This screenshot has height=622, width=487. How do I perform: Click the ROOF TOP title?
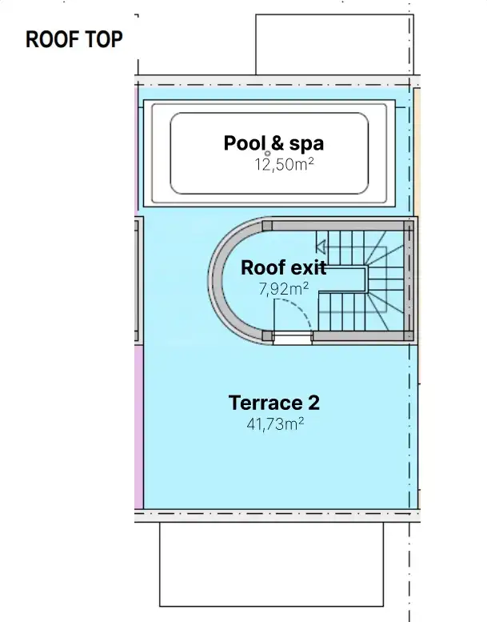click(x=74, y=40)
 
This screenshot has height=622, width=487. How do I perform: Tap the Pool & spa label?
click(x=273, y=143)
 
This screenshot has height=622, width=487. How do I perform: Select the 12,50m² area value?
click(x=285, y=164)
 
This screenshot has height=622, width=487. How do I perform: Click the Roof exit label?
click(x=284, y=267)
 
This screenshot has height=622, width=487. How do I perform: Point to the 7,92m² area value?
click(x=284, y=289)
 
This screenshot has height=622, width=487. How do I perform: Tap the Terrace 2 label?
click(x=274, y=403)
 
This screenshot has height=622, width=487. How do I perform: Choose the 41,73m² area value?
click(x=275, y=424)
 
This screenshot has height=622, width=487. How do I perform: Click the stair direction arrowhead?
click(x=321, y=247)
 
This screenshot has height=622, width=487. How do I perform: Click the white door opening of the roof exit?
click(x=293, y=338)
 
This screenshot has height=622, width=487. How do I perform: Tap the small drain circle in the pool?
click(x=267, y=154)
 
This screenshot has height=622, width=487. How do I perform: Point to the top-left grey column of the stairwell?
click(x=267, y=226)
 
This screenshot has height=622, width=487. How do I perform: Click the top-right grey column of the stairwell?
click(x=409, y=226)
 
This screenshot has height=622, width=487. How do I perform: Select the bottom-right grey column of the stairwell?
click(x=409, y=336)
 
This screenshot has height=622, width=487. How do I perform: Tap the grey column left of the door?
click(x=267, y=336)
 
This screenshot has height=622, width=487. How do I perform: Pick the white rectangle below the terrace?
click(x=271, y=564)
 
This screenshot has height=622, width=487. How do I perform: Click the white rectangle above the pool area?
click(x=335, y=45)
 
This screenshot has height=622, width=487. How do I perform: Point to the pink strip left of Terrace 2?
click(x=138, y=427)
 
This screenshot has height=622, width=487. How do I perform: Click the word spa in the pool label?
click(x=306, y=144)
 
